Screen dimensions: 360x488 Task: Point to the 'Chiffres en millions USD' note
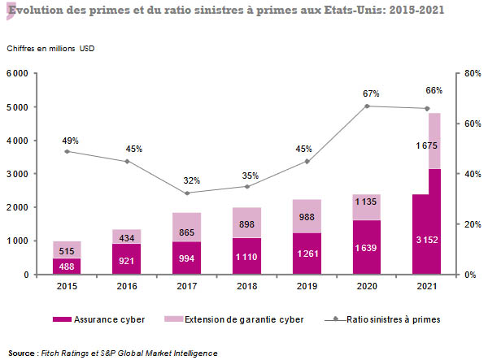(51, 49)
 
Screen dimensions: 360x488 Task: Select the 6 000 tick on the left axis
(18, 73)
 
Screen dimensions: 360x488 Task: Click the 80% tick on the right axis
(471, 73)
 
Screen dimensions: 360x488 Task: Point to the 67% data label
(367, 93)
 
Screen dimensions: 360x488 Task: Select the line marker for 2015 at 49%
(67, 151)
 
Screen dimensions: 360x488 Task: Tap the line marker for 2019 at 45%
(307, 162)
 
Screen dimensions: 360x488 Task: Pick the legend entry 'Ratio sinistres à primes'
(394, 320)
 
